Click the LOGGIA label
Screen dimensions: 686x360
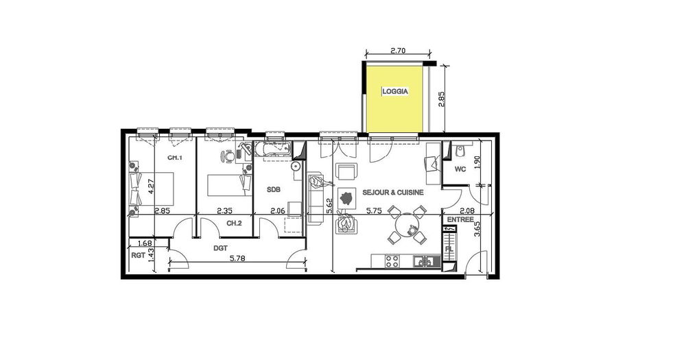coord(395,91)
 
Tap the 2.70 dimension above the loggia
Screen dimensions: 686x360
coord(397,51)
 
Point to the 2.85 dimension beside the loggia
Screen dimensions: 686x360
coord(442,99)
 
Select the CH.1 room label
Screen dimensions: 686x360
coord(175,158)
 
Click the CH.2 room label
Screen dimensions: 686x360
coord(234,223)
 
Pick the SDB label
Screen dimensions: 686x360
coord(274,190)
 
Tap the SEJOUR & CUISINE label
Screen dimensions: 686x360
coord(393,193)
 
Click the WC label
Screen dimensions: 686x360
coord(460,169)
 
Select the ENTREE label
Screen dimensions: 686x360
coord(460,219)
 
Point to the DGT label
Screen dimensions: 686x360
coord(220,248)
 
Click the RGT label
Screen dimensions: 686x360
coord(139,256)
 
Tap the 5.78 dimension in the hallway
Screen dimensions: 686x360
coord(237,259)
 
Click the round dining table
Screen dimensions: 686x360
coord(407,225)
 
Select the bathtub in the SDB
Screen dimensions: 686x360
coord(273,149)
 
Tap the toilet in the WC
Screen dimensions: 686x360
coord(460,151)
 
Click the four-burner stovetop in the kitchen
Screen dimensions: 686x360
coord(392,261)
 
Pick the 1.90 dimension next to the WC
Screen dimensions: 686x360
coord(477,163)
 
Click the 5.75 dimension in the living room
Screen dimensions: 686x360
coord(375,211)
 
